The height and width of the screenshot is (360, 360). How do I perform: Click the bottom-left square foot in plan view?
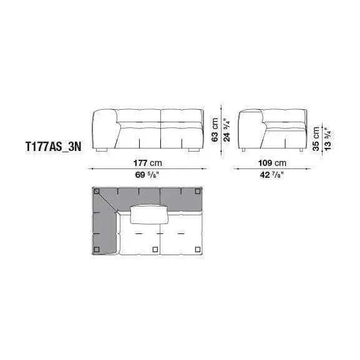(x=98, y=250)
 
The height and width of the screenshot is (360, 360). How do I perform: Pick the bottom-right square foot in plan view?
(x=200, y=250)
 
